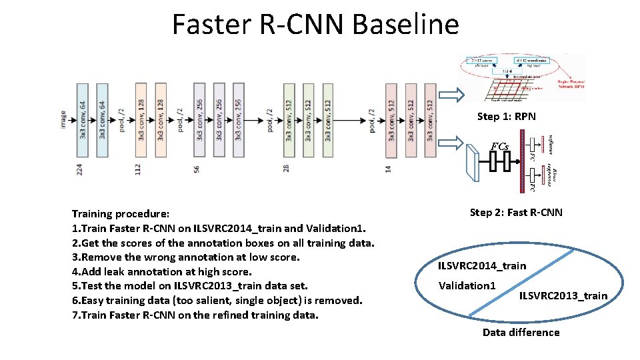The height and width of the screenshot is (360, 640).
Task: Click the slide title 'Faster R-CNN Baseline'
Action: click(x=315, y=25)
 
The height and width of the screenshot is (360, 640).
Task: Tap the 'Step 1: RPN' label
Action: click(x=506, y=117)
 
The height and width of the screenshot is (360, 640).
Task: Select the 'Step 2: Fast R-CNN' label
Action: click(x=516, y=213)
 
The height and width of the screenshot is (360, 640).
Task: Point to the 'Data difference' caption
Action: click(x=521, y=332)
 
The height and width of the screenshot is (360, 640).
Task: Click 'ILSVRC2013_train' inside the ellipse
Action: click(x=563, y=295)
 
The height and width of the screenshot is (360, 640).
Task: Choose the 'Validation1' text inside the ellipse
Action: click(x=467, y=286)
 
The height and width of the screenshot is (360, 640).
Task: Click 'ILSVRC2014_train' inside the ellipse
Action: click(x=481, y=266)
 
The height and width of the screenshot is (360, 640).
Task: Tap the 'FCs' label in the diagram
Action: click(x=499, y=146)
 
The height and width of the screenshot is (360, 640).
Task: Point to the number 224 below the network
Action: click(x=80, y=170)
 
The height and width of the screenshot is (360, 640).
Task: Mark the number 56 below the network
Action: click(x=197, y=170)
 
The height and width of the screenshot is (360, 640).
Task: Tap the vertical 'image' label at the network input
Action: click(x=63, y=120)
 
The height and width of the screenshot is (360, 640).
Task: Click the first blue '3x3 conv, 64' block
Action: click(x=83, y=120)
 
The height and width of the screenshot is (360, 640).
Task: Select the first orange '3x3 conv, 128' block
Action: click(x=141, y=120)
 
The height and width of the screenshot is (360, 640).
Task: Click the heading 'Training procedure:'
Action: click(x=121, y=215)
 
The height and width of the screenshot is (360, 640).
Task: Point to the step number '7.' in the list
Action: click(x=76, y=315)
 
